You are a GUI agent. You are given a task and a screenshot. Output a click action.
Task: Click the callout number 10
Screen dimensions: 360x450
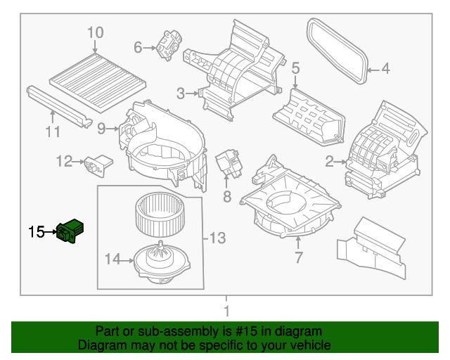[x=95, y=32]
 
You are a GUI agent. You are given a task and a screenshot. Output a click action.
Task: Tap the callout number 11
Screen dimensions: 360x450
[x=53, y=131]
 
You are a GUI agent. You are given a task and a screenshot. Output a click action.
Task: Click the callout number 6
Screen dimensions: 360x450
[x=138, y=47]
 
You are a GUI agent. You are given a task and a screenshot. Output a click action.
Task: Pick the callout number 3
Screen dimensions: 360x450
[x=181, y=93]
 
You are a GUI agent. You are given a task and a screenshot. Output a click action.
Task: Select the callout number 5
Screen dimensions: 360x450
[x=295, y=68]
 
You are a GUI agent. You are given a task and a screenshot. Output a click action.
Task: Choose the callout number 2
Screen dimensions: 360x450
[x=328, y=162]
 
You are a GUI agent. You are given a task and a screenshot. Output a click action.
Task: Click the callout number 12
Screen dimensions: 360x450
[x=64, y=162]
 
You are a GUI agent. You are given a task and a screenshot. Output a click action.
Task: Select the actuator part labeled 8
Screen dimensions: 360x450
[x=228, y=163]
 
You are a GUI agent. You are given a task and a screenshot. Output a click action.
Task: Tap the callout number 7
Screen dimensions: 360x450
[x=298, y=258]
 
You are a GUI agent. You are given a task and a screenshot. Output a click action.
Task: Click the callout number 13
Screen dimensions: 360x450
[x=217, y=239]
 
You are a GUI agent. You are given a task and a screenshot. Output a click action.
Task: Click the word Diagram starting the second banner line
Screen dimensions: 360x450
[x=99, y=345]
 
